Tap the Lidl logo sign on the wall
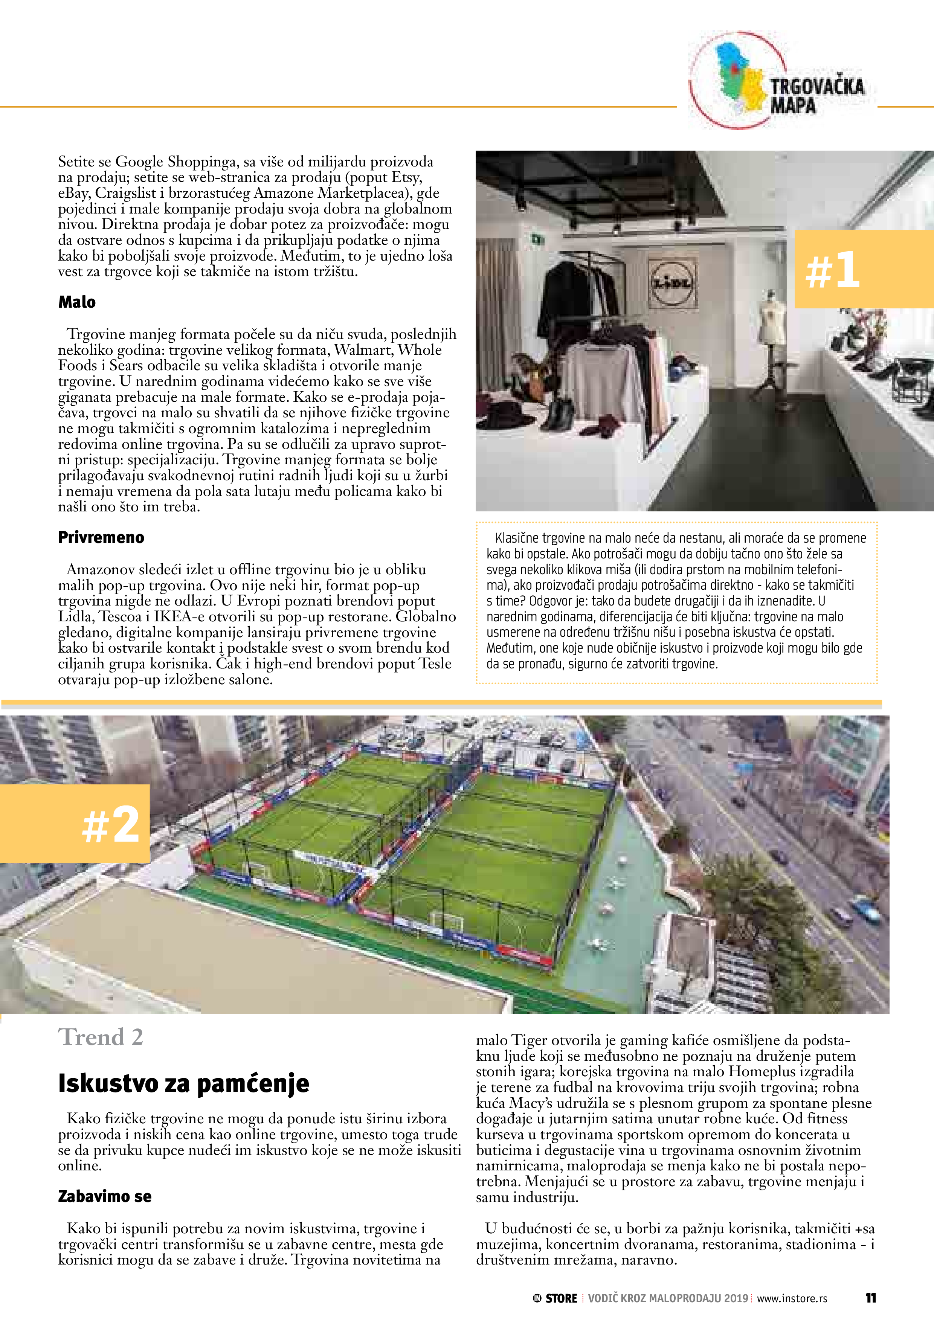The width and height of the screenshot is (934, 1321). pos(672,282)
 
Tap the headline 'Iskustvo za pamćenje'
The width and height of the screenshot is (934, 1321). pos(183,1083)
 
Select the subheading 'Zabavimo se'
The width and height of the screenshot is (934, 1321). pos(104,1196)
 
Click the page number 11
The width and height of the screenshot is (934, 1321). pos(870,1298)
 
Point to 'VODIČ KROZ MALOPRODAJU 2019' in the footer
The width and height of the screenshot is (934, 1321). pos(668,1298)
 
